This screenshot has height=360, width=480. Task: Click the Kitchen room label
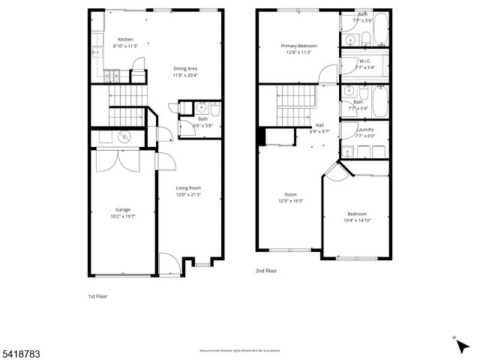124,40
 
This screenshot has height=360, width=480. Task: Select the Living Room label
188,188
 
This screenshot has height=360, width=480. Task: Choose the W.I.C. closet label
365,61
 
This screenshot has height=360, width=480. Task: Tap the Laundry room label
364,129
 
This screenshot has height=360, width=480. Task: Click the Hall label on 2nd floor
319,125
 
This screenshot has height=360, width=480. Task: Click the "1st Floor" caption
98,296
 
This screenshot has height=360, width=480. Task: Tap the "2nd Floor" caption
266,270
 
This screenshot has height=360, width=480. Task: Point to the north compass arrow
457,341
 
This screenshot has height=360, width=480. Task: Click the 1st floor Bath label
202,118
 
